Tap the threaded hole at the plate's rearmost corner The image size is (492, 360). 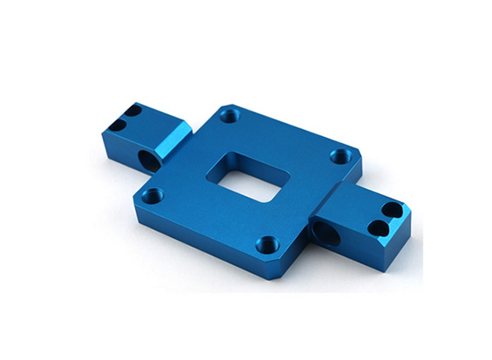[x=230, y=115]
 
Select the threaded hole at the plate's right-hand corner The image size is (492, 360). [x=339, y=156]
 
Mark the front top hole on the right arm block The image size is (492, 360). [x=375, y=227]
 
